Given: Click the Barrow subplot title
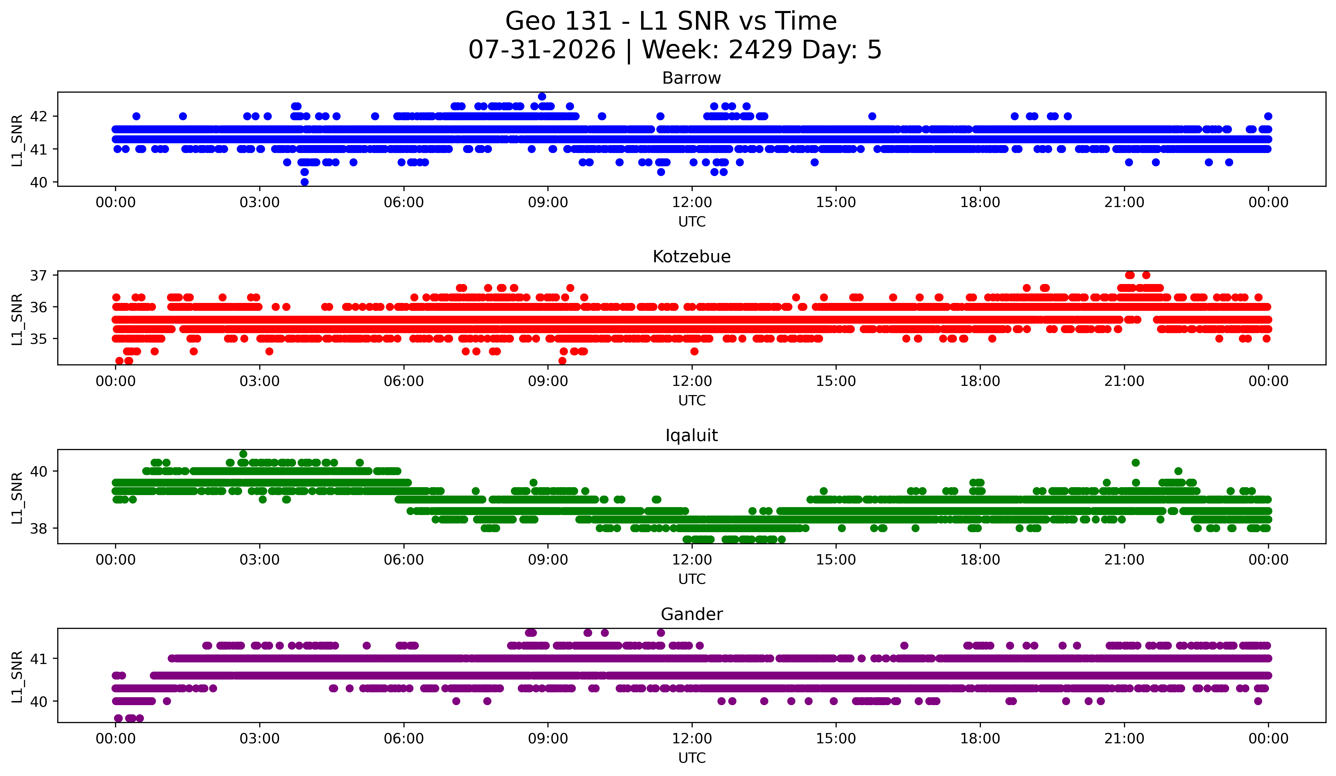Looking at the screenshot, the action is point(691,78).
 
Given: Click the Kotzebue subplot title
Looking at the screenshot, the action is point(691,257).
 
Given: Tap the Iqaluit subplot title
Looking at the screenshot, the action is point(691,435).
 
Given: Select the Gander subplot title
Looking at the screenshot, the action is point(691,614).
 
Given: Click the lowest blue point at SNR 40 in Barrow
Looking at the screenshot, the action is point(304,182).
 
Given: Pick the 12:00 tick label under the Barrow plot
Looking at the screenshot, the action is point(692,202).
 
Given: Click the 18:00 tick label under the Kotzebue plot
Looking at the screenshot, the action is point(980,381).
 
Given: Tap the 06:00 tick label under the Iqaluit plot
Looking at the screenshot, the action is point(404,560).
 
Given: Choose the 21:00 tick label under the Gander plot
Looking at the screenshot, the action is point(1124,738).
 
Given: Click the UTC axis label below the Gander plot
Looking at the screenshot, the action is point(692,758).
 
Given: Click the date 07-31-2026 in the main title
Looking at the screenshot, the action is point(542,50).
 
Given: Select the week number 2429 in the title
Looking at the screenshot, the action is point(761,50).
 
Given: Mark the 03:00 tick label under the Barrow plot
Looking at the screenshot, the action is point(260,202).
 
